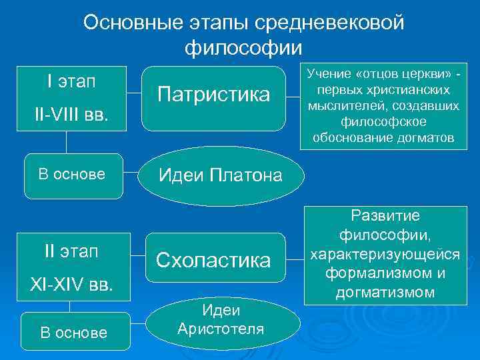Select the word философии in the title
tap(243, 48)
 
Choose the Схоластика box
tap(213, 260)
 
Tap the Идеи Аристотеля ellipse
tap(220, 319)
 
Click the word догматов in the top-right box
tap(426, 138)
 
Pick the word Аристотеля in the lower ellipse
tap(220, 329)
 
